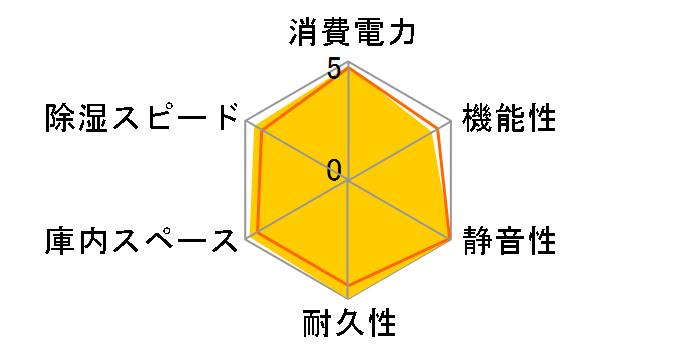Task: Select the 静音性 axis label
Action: pyautogui.click(x=509, y=242)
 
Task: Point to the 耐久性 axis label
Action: pyautogui.click(x=349, y=325)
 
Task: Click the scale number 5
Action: pyautogui.click(x=332, y=70)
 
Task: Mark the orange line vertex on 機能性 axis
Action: pyautogui.click(x=438, y=129)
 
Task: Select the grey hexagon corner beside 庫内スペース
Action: pyautogui.click(x=246, y=240)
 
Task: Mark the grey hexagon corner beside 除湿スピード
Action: pyautogui.click(x=246, y=122)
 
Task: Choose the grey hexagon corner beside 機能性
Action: pyautogui.click(x=451, y=122)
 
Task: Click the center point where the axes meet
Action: pyautogui.click(x=348, y=181)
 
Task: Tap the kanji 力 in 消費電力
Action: pyautogui.click(x=399, y=31)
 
